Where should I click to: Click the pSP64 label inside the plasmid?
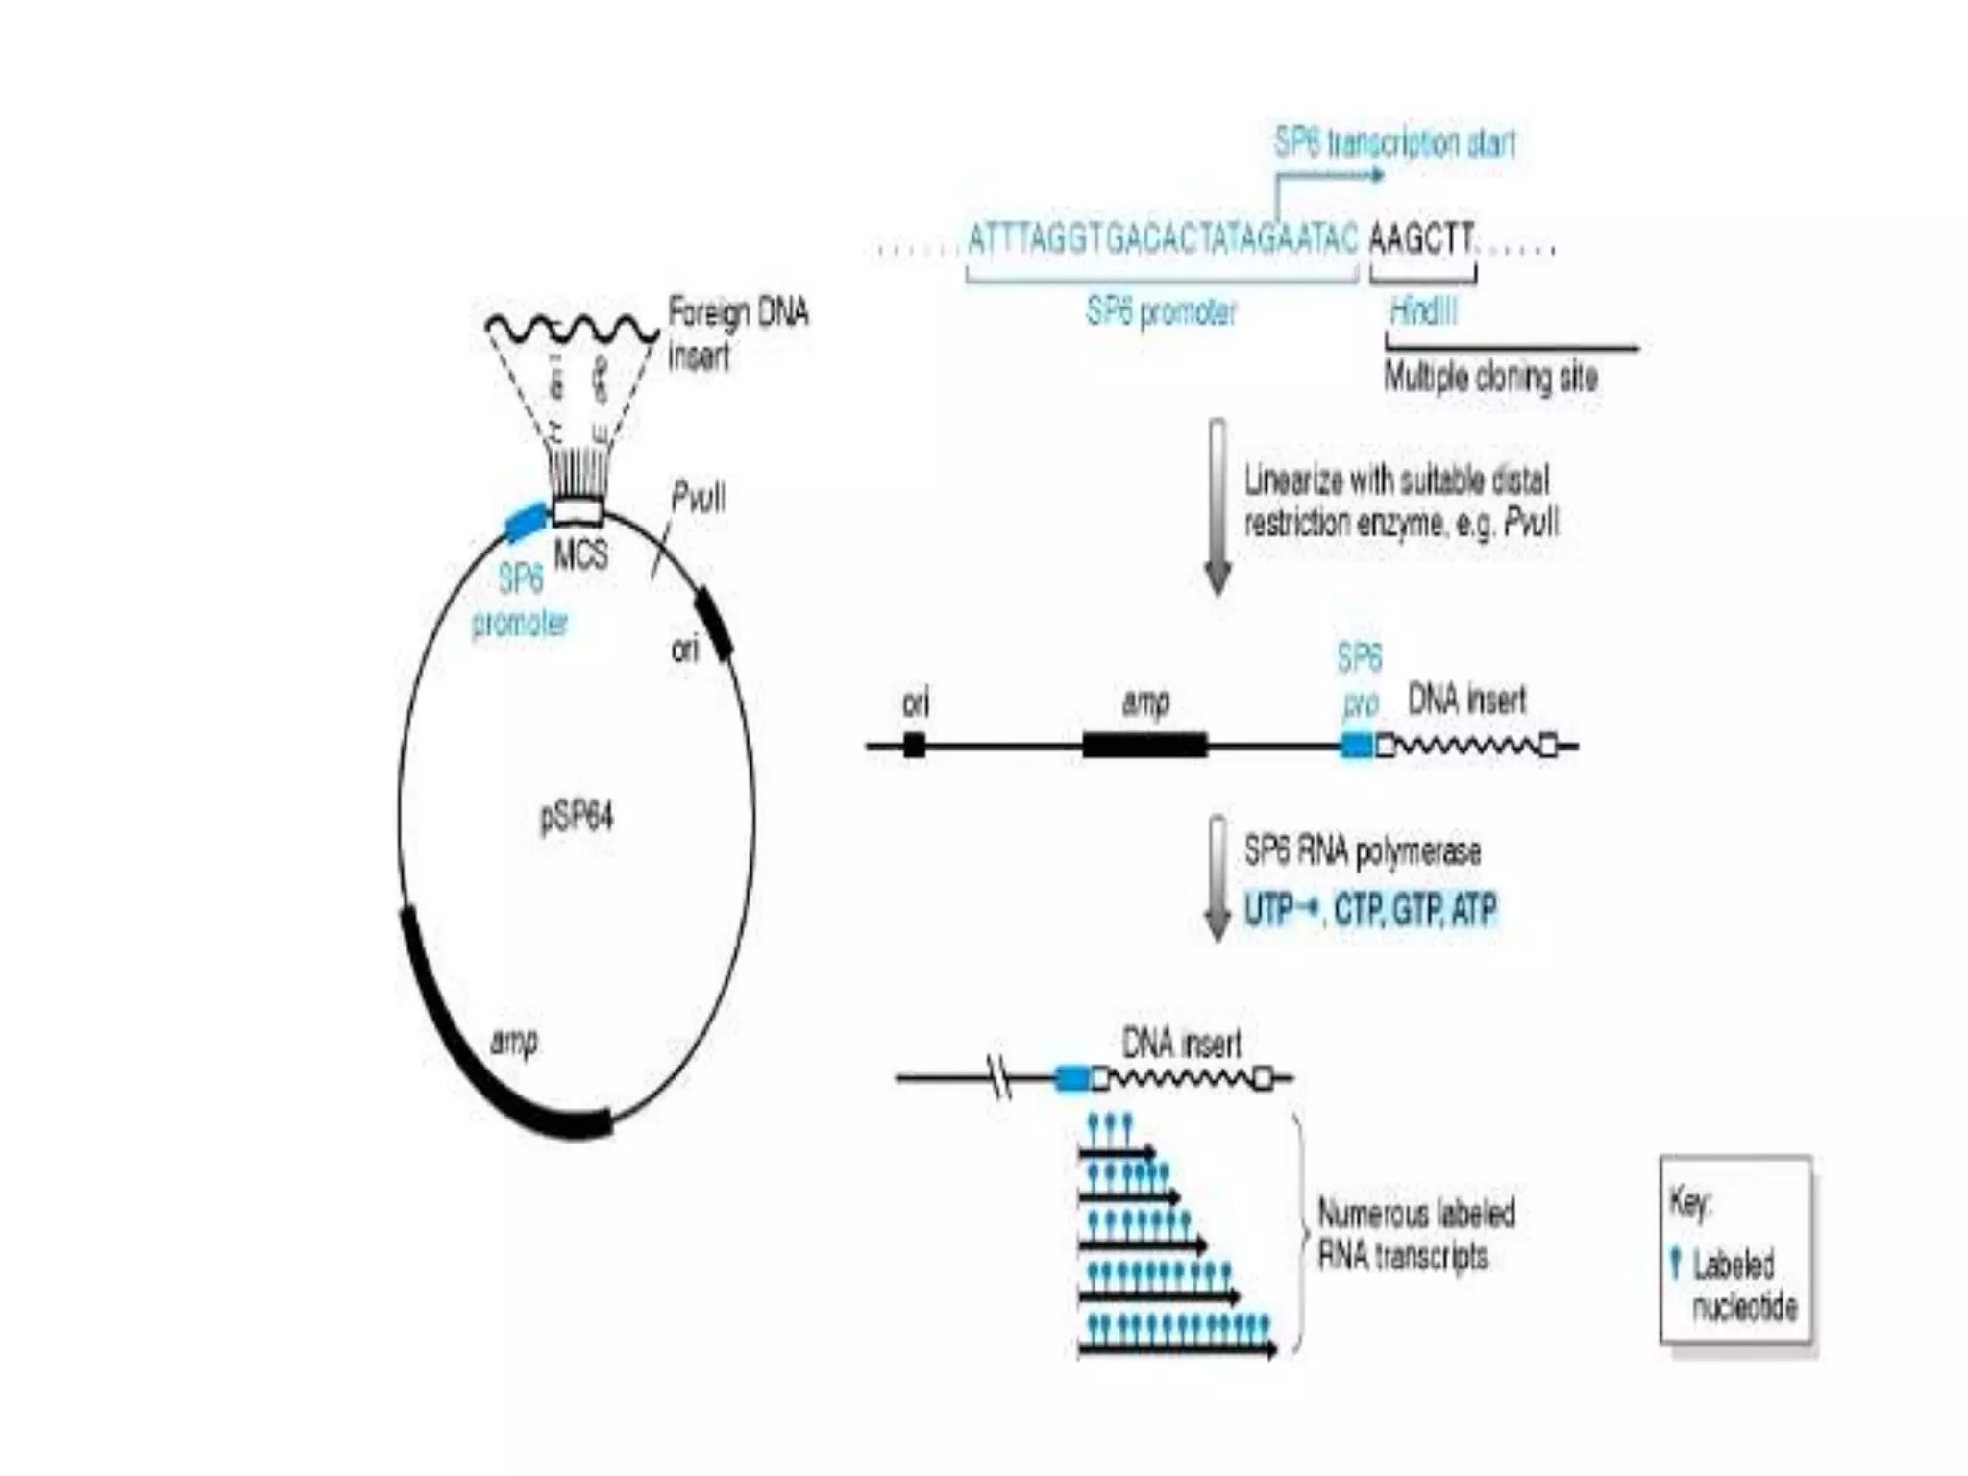click(x=577, y=818)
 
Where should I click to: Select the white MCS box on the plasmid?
click(x=578, y=511)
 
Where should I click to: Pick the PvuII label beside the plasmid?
click(x=699, y=498)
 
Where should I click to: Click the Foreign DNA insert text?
click(x=736, y=333)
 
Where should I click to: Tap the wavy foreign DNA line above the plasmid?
click(x=571, y=329)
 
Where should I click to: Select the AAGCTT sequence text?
click(x=1420, y=237)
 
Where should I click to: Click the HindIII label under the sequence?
click(x=1423, y=311)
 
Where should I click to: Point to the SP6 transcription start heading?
click(x=1394, y=143)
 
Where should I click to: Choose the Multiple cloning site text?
click(x=1490, y=377)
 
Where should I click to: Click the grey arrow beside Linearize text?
click(x=1218, y=506)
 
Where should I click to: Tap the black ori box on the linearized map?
click(x=915, y=745)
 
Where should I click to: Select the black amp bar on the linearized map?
click(x=1144, y=745)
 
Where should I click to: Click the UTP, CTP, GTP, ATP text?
click(x=1370, y=909)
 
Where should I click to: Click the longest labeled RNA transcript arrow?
click(x=1178, y=1350)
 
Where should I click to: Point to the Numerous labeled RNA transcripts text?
click(x=1415, y=1235)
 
